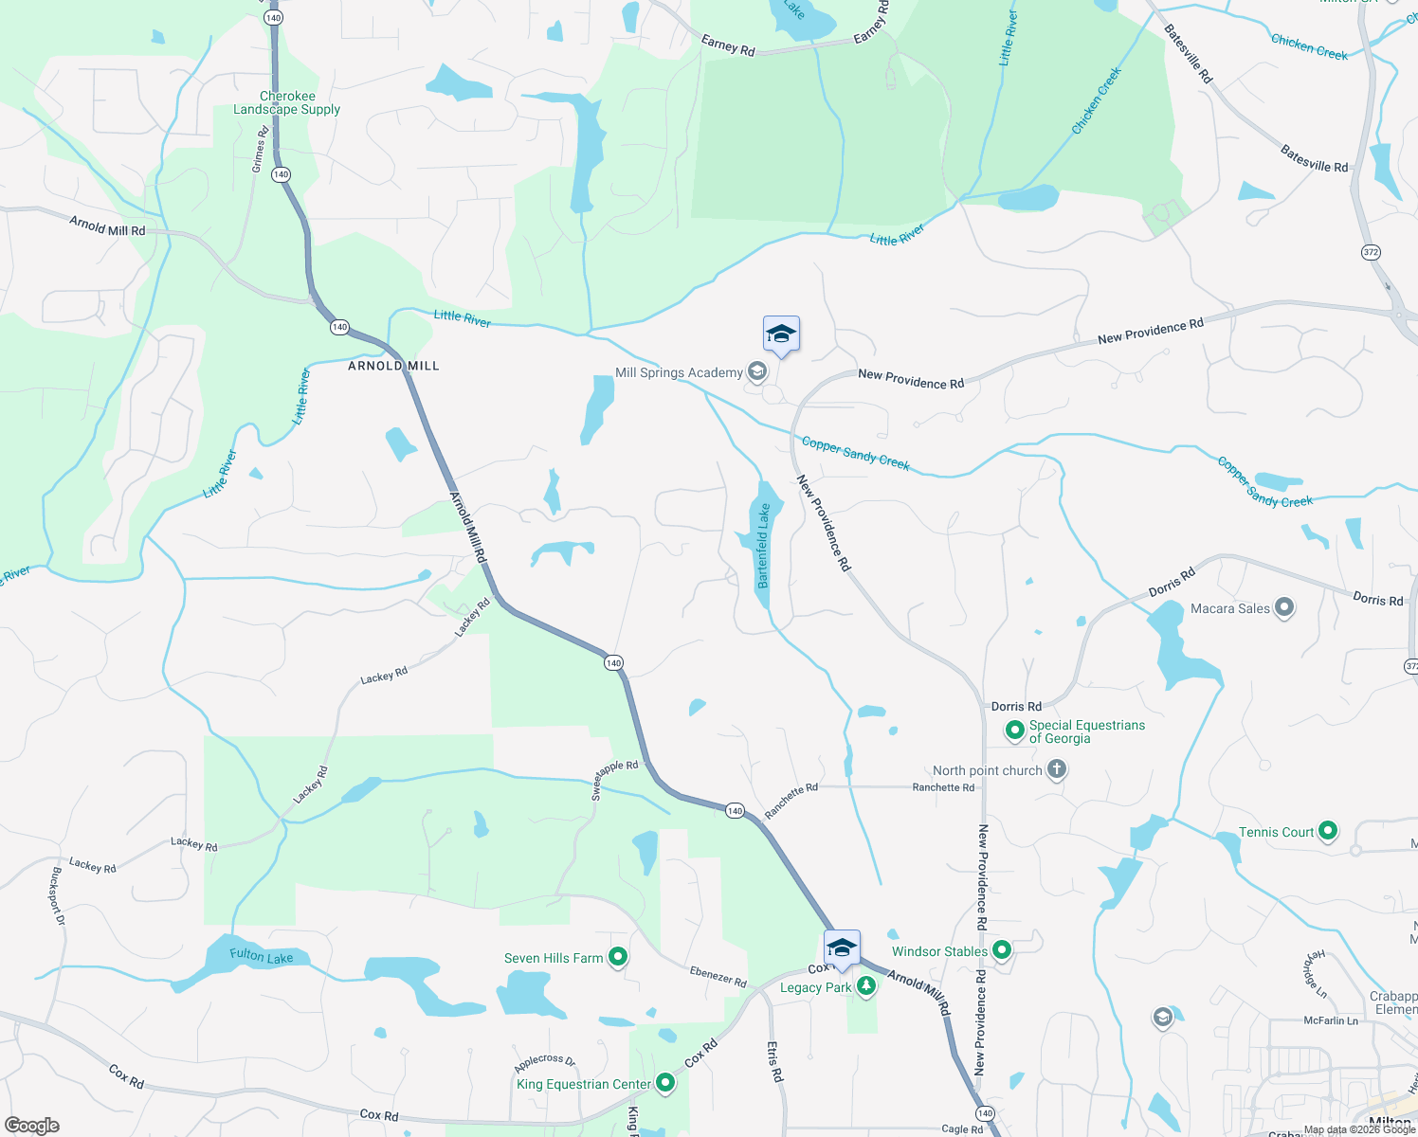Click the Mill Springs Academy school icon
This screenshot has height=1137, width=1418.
pos(756,371)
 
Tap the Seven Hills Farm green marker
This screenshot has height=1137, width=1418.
pos(618,957)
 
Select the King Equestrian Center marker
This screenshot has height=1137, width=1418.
pos(665,1082)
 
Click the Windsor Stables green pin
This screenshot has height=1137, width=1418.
pos(1002,949)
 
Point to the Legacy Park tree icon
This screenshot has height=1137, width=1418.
pos(865,986)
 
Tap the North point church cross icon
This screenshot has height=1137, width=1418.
pos(1057,769)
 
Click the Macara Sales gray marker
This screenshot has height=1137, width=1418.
pos(1284,607)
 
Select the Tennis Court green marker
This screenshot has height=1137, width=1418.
pos(1328,831)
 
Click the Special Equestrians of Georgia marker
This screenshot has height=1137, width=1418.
pos(1015,731)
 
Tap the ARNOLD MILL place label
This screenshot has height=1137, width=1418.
pos(393,366)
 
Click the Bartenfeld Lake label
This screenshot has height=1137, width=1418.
pos(764,546)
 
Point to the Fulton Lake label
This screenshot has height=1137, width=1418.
pos(262,956)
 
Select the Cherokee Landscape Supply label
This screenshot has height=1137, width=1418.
pos(287,102)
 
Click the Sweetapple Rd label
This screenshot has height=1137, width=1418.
pos(615,779)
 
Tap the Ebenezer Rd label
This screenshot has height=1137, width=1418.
pos(718,976)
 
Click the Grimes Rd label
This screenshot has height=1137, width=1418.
pos(260,150)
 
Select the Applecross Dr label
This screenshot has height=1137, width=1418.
pos(545,1062)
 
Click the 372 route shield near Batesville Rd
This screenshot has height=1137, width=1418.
pos(1371,252)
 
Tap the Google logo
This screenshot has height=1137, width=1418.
pos(32,1126)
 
